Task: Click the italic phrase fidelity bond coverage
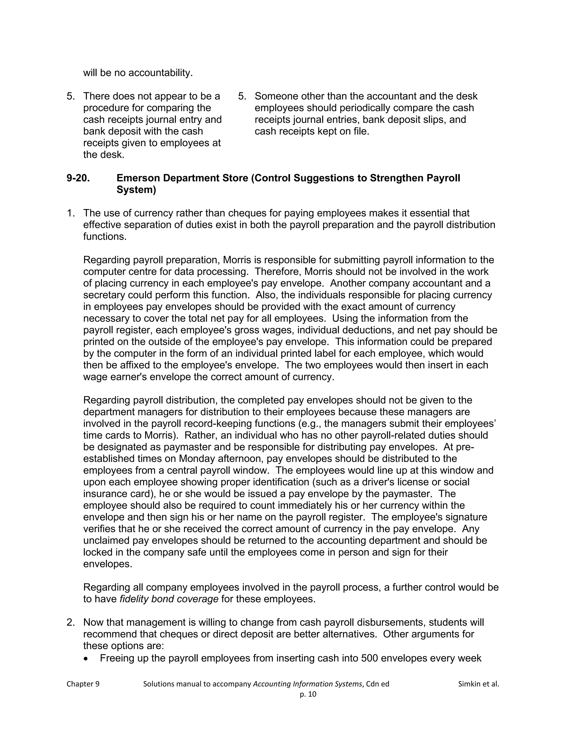pyautogui.click(x=169, y=599)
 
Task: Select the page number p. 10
pyautogui.click(x=308, y=694)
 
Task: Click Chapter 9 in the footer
pyautogui.click(x=83, y=684)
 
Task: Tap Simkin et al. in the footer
pyautogui.click(x=478, y=684)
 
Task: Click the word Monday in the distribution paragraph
pyautogui.click(x=197, y=459)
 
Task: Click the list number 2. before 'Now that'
pyautogui.click(x=70, y=622)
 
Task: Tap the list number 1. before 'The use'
pyautogui.click(x=70, y=213)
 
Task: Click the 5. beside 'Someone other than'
pyautogui.click(x=242, y=96)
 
